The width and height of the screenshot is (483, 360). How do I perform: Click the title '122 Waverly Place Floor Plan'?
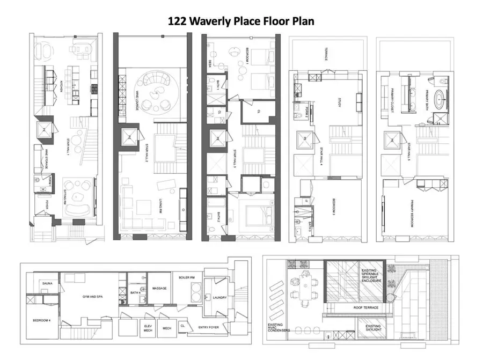(x=240, y=20)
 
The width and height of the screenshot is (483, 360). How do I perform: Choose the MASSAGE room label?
(x=159, y=288)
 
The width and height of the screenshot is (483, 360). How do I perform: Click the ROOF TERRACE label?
(x=366, y=307)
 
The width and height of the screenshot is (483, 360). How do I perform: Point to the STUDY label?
(x=339, y=101)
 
